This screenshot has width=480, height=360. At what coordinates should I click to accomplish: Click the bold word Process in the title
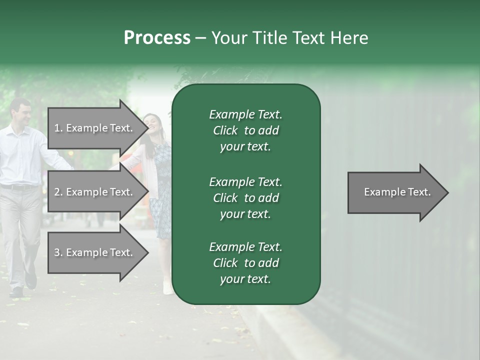157,37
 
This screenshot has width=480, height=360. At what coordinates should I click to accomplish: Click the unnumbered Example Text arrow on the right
397,192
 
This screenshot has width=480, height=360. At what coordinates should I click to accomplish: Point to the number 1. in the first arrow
58,128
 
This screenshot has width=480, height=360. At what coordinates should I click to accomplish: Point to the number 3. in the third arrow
58,252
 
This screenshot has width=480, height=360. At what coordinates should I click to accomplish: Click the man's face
21,113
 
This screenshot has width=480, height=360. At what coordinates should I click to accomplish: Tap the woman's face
151,125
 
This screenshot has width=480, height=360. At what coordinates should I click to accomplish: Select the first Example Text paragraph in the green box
245,130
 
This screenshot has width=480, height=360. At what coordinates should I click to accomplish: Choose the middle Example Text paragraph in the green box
245,197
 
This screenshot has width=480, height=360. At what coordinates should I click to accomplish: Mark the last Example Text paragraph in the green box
245,263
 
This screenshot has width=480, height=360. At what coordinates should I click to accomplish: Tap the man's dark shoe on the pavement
16,291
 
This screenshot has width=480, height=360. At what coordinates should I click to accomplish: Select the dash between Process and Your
200,38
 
